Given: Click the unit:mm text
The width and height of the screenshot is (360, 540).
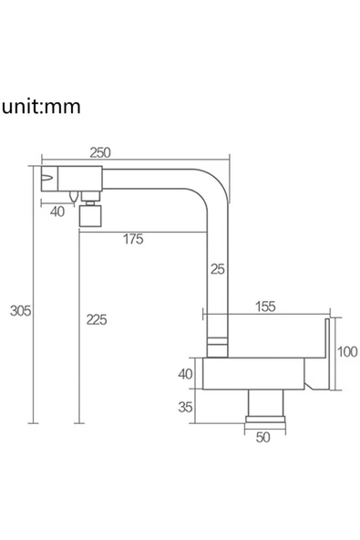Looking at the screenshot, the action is point(41,107).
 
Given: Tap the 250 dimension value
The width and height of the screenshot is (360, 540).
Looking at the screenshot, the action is point(100,152).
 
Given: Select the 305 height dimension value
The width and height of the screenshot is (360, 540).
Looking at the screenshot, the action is point(20,311).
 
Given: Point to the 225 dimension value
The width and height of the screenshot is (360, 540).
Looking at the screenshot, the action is point(97,319).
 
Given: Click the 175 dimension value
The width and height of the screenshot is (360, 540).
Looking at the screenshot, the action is point(133,239).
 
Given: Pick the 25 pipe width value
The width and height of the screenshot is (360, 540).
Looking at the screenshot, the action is point(218,269).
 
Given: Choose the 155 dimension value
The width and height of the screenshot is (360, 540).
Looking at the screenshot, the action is point(265,306).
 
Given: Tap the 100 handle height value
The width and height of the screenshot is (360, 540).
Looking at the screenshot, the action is point(347,351).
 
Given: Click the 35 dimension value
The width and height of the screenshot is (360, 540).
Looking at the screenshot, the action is point(185,407).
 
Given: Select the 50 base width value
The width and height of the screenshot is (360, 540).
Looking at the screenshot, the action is point(263,437).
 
